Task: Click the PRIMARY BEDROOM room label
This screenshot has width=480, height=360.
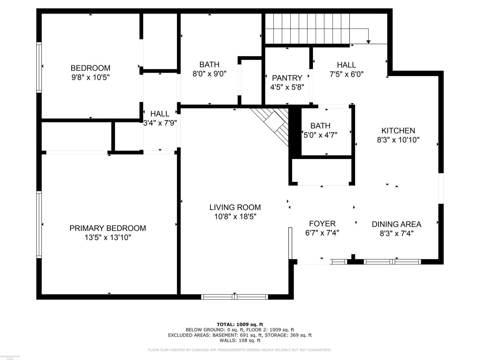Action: pyautogui.click(x=108, y=228)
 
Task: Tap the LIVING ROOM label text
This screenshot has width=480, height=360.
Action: pyautogui.click(x=235, y=207)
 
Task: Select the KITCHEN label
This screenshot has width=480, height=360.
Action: pyautogui.click(x=398, y=130)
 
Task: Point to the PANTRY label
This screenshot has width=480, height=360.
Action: pyautogui.click(x=287, y=78)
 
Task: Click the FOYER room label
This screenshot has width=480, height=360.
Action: pyautogui.click(x=322, y=224)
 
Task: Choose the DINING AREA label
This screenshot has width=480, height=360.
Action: pyautogui.click(x=396, y=224)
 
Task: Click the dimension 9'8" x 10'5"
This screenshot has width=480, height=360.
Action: pyautogui.click(x=90, y=77)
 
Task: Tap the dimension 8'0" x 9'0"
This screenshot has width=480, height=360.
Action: pyautogui.click(x=209, y=74)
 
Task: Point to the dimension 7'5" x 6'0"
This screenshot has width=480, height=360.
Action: pyautogui.click(x=346, y=74)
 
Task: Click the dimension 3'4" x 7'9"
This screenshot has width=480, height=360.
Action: pyautogui.click(x=160, y=122)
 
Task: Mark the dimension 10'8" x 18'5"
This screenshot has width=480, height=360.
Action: pyautogui.click(x=235, y=217)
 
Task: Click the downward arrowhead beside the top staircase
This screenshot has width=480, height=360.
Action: pyautogui.click(x=369, y=42)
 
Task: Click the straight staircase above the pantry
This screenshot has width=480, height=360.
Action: pyautogui.click(x=307, y=28)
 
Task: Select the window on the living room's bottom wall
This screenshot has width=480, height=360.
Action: pyautogui.click(x=235, y=297)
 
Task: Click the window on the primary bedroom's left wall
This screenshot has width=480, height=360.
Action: pyautogui.click(x=39, y=224)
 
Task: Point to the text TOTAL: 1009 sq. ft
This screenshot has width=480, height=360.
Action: pyautogui.click(x=240, y=324)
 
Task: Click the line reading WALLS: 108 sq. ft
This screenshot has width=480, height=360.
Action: pyautogui.click(x=240, y=340)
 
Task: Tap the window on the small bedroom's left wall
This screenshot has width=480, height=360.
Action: pyautogui.click(x=39, y=67)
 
